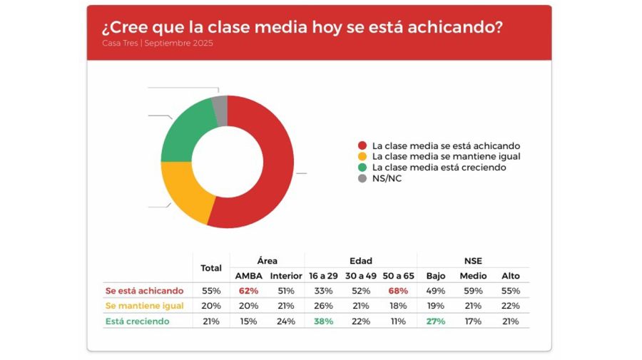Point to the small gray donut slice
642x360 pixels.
pos(220,109)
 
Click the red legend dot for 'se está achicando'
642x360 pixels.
pos(362,145)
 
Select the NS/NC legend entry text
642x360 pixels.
pos(387,178)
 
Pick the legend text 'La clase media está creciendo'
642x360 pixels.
pos(439,168)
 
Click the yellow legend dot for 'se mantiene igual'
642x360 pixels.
pos(362,156)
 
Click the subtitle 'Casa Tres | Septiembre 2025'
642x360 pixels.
pos(157,43)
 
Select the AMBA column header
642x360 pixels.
pos(248,276)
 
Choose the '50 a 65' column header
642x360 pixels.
pos(398,276)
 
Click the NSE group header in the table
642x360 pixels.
pos(473,261)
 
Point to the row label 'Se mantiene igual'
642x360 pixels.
pos(144,306)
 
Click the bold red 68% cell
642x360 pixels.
pos(398,291)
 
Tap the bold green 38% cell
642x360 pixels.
pos(322,322)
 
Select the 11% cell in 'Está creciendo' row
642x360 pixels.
pos(398,322)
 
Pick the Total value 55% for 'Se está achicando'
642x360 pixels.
pos(211,291)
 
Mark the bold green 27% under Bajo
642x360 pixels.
pos(435,322)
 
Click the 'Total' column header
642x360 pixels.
pos(211,268)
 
